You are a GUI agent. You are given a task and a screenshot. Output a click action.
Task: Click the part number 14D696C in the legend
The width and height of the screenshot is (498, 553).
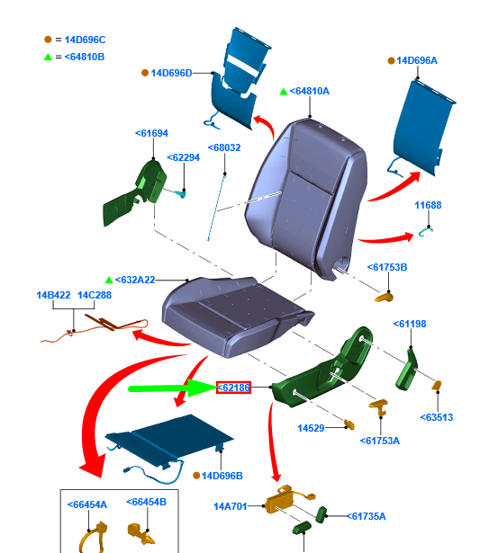(85, 40)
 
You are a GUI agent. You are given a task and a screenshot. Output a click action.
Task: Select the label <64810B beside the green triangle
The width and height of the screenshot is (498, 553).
(85, 57)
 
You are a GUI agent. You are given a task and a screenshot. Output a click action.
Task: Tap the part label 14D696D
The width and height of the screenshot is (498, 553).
(171, 73)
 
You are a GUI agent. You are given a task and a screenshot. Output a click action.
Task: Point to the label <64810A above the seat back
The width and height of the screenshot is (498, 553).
(310, 91)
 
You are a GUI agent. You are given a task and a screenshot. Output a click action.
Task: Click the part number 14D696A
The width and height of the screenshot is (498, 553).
(417, 60)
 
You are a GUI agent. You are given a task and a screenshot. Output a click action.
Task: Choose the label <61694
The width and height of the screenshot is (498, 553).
(151, 133)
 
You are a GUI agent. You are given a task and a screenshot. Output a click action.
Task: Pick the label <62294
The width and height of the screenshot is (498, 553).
(184, 157)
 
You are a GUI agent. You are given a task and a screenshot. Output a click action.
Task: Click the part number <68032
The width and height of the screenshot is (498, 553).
(224, 147)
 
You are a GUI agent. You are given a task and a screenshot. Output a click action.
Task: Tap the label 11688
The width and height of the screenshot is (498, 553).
(428, 205)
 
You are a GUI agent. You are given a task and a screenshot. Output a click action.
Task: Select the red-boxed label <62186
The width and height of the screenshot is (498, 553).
(234, 388)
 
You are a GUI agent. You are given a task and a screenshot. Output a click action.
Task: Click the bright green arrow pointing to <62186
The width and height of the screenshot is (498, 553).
(173, 388)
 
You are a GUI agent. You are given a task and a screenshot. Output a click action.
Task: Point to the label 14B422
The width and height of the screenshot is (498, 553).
(53, 295)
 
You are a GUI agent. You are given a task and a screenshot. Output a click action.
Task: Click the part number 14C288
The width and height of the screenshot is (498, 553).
(95, 295)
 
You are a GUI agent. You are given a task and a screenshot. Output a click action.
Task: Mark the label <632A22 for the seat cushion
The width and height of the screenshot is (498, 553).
(135, 280)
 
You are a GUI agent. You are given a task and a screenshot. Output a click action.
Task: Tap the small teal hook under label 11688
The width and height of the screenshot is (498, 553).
(426, 232)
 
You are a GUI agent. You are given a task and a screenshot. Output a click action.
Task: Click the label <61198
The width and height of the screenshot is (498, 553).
(410, 324)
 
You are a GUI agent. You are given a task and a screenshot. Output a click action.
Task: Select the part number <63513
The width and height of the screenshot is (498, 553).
(437, 417)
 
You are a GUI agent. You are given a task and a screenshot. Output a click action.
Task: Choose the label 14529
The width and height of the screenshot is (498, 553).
(311, 428)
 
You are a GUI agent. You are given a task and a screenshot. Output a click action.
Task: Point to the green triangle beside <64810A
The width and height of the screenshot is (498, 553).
(284, 92)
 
